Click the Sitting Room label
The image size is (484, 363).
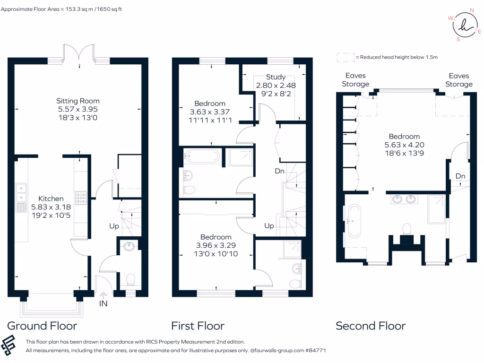click(x=78, y=101)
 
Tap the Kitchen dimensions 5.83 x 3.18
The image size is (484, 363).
click(x=51, y=207)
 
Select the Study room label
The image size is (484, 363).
click(x=276, y=77)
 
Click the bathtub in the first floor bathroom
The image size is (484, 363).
click(x=202, y=156)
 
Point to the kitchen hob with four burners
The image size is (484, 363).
click(x=80, y=197)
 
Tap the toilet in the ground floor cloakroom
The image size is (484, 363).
click(x=131, y=279)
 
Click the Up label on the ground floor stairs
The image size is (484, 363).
click(x=114, y=226)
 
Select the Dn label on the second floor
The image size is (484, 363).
click(x=460, y=176)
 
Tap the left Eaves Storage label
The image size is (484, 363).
click(x=355, y=80)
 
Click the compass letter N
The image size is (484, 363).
click(x=471, y=9)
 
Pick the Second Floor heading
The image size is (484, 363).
click(x=371, y=326)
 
